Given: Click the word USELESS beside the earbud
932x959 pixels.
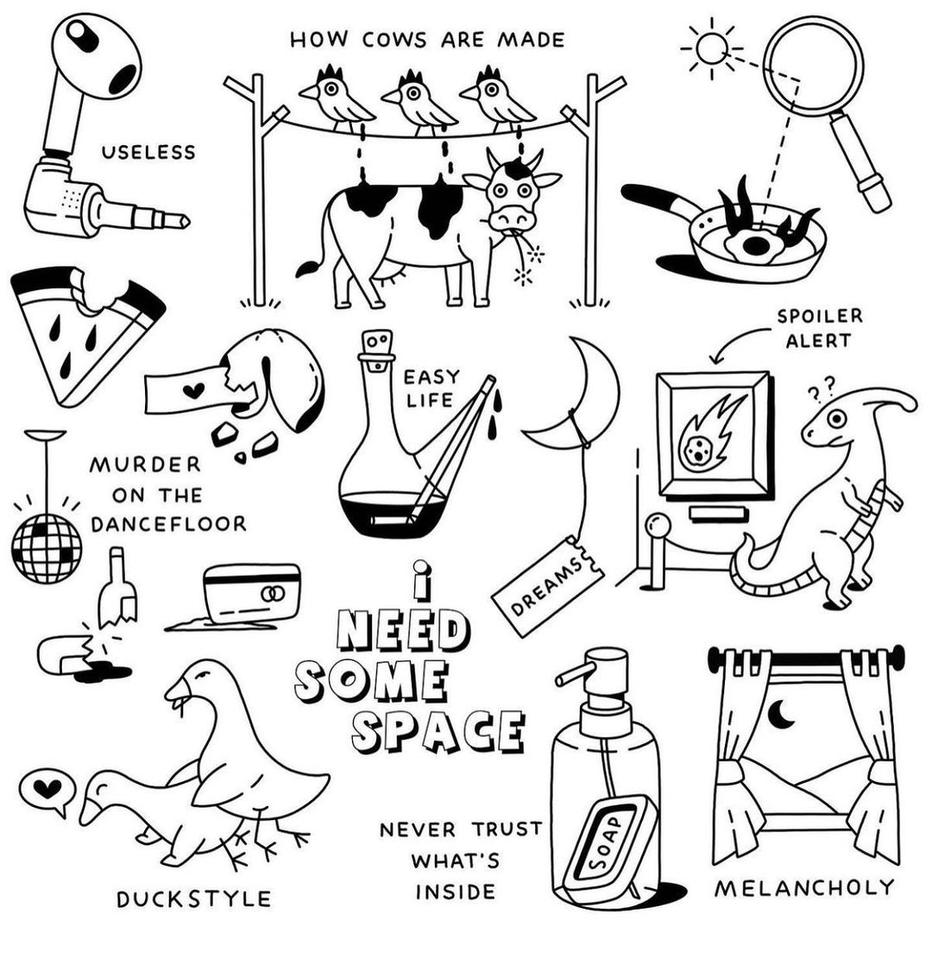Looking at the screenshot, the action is click(x=148, y=152).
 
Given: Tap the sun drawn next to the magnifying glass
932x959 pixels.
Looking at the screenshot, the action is click(x=712, y=48).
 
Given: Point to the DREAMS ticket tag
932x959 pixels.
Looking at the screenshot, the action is click(x=548, y=585).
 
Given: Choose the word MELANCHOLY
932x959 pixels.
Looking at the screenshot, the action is click(x=804, y=887).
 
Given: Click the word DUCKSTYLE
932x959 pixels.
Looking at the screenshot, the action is click(x=194, y=899).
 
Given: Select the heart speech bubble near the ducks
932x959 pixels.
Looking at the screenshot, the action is click(x=47, y=790).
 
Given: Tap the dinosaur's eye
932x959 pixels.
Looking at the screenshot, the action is click(x=836, y=419).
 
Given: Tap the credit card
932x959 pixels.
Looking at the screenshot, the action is click(x=251, y=592).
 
